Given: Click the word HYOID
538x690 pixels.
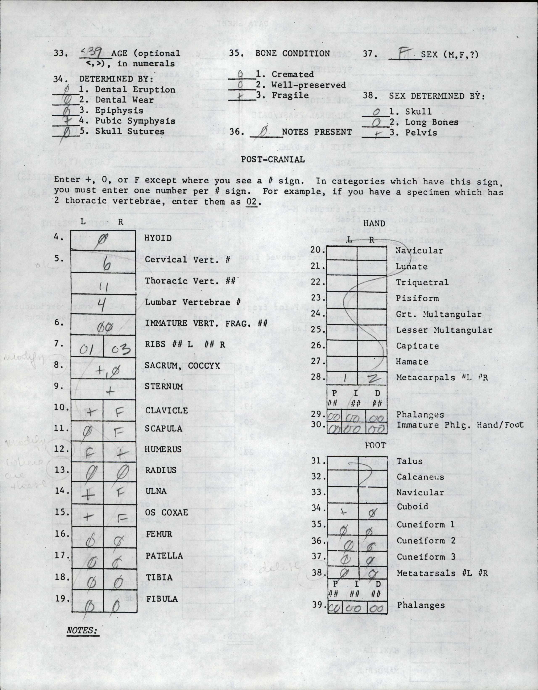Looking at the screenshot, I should (158, 238).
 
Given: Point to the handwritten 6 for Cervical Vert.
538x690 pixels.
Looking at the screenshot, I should (107, 264).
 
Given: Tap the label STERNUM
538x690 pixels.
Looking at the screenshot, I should (164, 386).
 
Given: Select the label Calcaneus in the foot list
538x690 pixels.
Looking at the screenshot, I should (420, 477).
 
